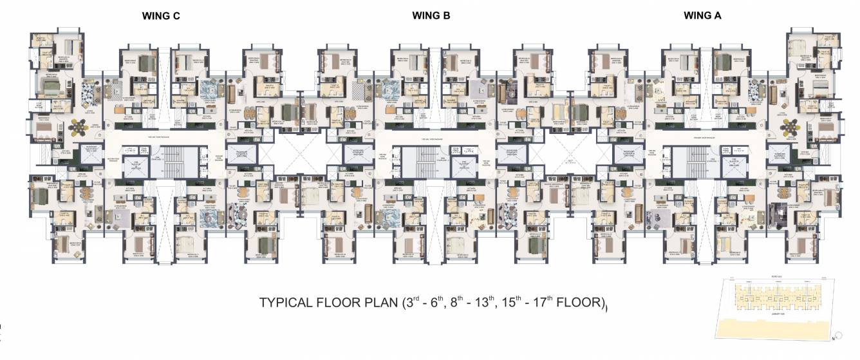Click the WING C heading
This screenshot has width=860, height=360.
point(161,17)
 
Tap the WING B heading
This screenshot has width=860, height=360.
point(431,17)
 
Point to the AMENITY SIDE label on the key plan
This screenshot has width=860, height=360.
point(778,314)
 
